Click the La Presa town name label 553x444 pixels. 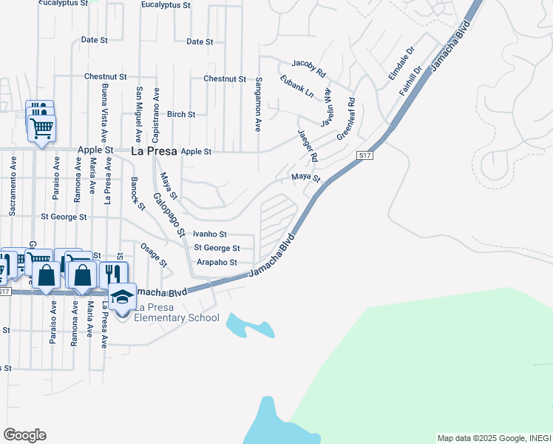[154, 151]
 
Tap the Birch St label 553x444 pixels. [181, 115]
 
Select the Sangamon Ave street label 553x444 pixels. [259, 104]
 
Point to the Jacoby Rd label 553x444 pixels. [309, 69]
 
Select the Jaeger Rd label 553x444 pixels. [308, 146]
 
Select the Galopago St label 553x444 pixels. [169, 215]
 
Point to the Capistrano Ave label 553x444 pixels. [156, 114]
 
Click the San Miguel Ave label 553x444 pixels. [138, 114]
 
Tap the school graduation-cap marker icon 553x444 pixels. [123, 296]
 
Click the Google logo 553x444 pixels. [24, 435]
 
